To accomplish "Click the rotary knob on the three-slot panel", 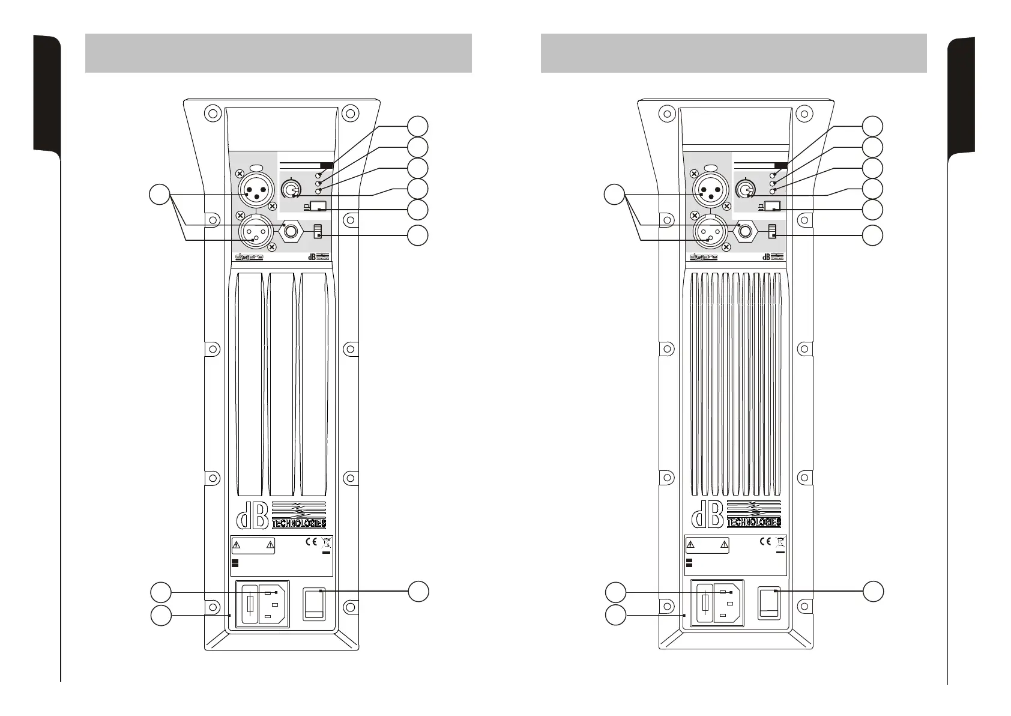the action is click(x=292, y=190).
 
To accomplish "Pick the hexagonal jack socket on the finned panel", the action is click(x=746, y=231).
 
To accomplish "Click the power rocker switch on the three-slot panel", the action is click(x=315, y=603).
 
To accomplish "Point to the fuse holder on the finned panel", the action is click(x=704, y=603).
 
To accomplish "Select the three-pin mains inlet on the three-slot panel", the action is click(x=274, y=603).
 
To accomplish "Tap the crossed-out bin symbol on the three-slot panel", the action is click(x=327, y=542).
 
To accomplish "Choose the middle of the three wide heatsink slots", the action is click(x=282, y=384).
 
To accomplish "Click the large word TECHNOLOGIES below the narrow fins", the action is click(x=754, y=523).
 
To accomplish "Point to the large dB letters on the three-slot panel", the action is click(x=252, y=515).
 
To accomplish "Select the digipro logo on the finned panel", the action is click(x=704, y=257).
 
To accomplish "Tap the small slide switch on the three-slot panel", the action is click(x=318, y=231).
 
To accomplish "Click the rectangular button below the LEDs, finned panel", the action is click(x=773, y=206).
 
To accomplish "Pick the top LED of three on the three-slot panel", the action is click(x=318, y=175).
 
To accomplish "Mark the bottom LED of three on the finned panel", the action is click(x=773, y=191).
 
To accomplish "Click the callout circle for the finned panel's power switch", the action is click(x=874, y=591).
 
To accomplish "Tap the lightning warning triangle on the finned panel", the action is click(x=690, y=545).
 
